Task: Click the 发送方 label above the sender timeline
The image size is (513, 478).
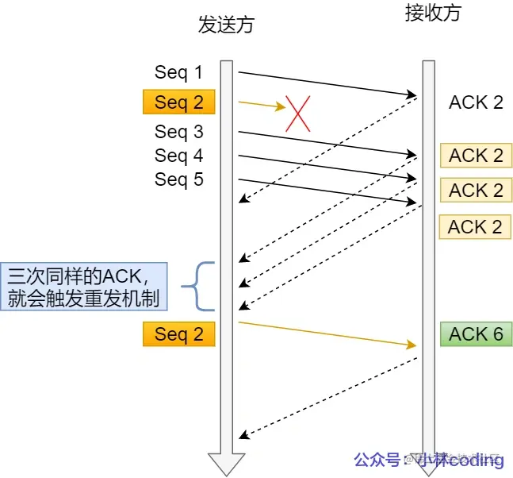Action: (226, 25)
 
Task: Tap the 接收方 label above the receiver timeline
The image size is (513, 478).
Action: (431, 13)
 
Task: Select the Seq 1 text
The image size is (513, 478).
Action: (178, 72)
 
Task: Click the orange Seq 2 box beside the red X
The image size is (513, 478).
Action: (178, 102)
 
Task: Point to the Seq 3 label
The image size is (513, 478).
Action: (178, 131)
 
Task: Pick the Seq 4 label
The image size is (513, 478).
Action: (178, 155)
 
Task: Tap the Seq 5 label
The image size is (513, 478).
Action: (178, 179)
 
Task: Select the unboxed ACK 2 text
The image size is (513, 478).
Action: (476, 102)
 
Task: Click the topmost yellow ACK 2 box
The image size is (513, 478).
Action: (476, 156)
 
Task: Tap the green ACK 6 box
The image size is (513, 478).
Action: (476, 334)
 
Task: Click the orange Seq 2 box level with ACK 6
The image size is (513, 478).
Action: (178, 334)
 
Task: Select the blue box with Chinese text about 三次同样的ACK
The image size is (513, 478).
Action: (83, 287)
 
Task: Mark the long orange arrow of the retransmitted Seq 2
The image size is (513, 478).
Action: (325, 333)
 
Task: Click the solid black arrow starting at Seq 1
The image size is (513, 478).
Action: (325, 83)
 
